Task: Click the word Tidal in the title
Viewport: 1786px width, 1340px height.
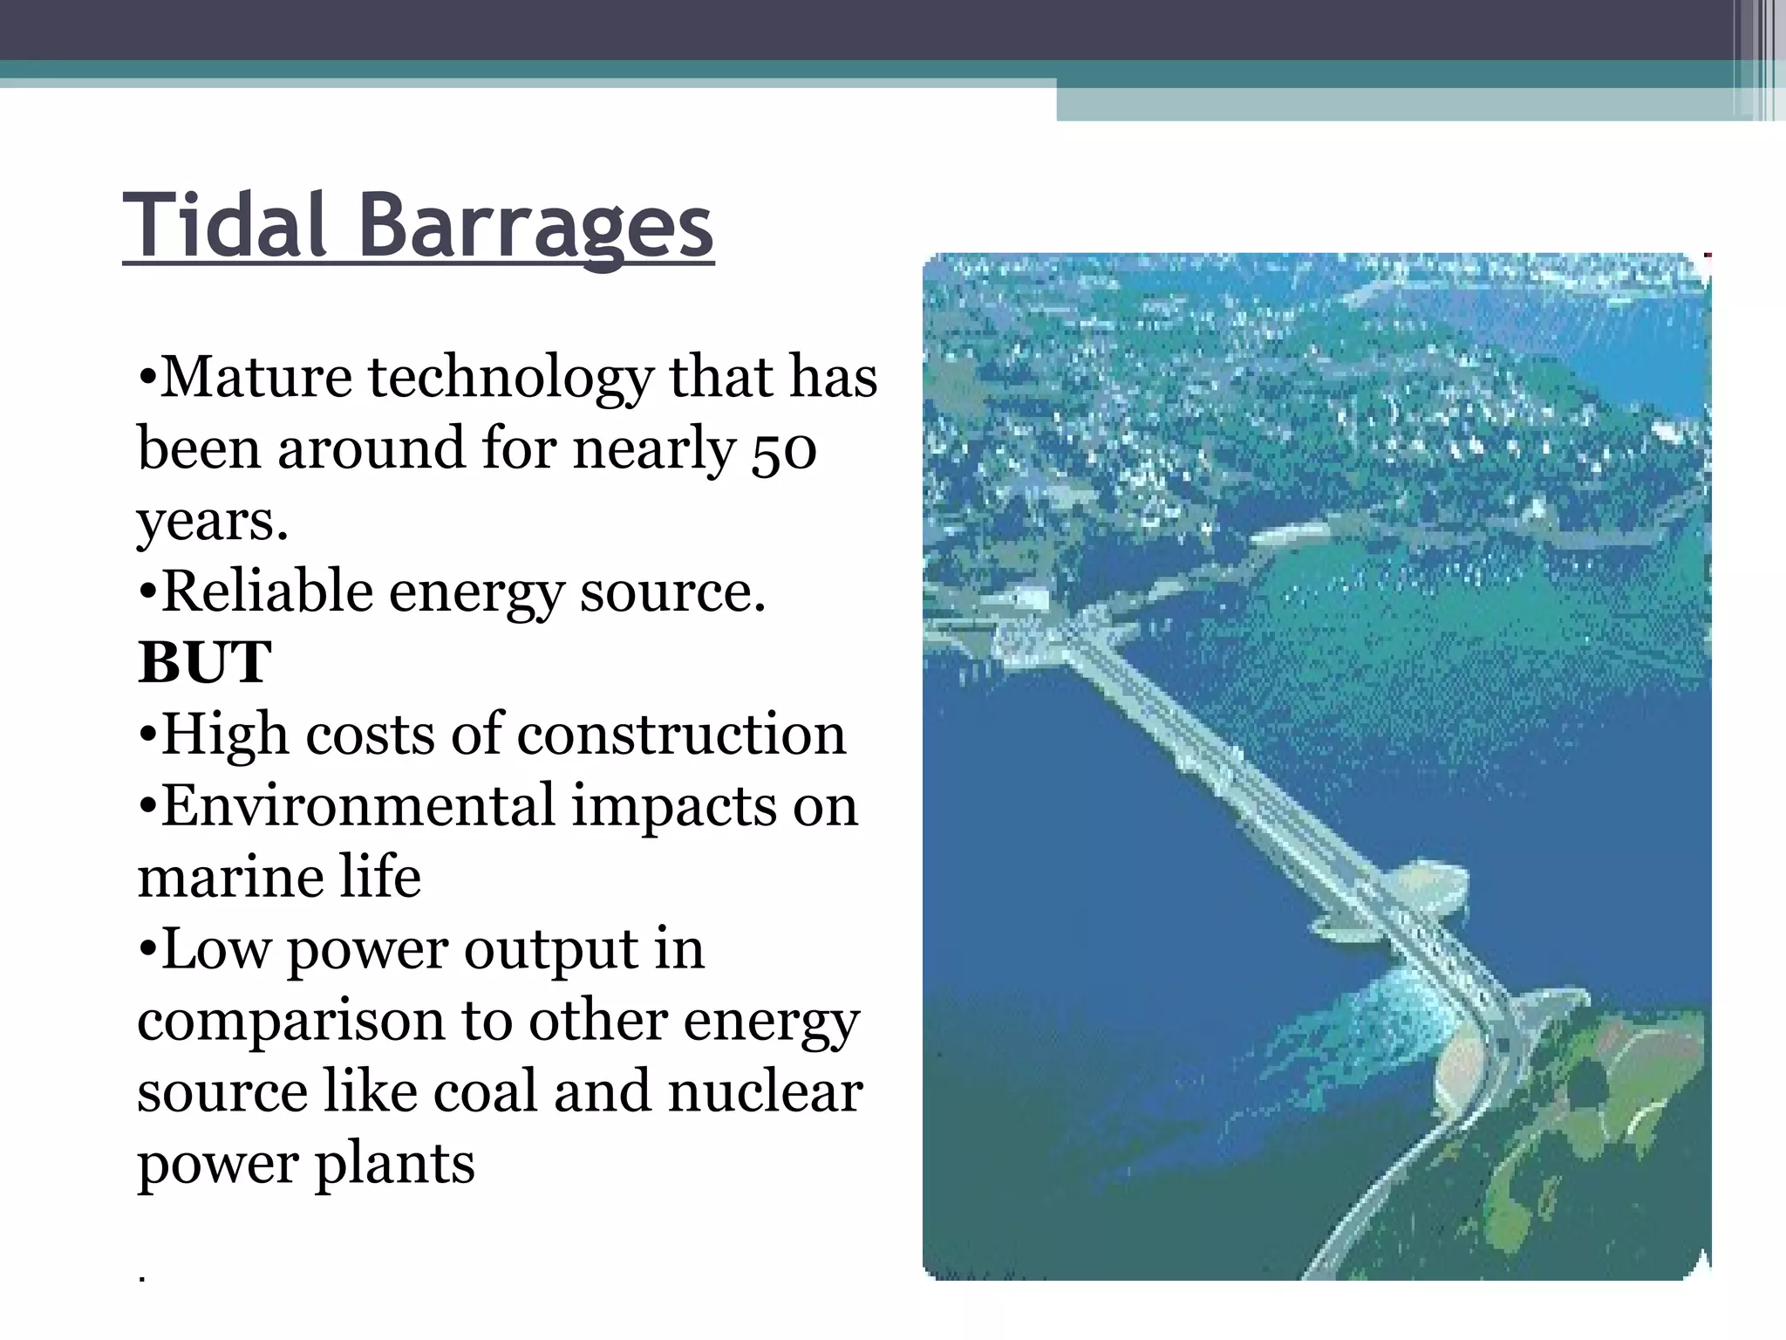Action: point(225,225)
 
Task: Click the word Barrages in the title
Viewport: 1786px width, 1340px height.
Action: point(535,227)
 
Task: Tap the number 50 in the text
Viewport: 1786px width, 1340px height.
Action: point(783,450)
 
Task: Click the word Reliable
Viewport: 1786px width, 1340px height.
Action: point(267,591)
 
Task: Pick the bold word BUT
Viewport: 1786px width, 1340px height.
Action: point(205,663)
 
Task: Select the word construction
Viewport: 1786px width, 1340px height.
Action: point(681,735)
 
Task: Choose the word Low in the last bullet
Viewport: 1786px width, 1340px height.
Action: point(216,949)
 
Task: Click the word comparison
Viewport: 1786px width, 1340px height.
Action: point(290,1022)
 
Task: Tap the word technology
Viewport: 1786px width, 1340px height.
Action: point(510,379)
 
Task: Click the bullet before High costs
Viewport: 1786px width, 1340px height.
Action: point(147,735)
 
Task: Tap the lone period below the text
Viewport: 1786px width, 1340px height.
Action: point(141,1279)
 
